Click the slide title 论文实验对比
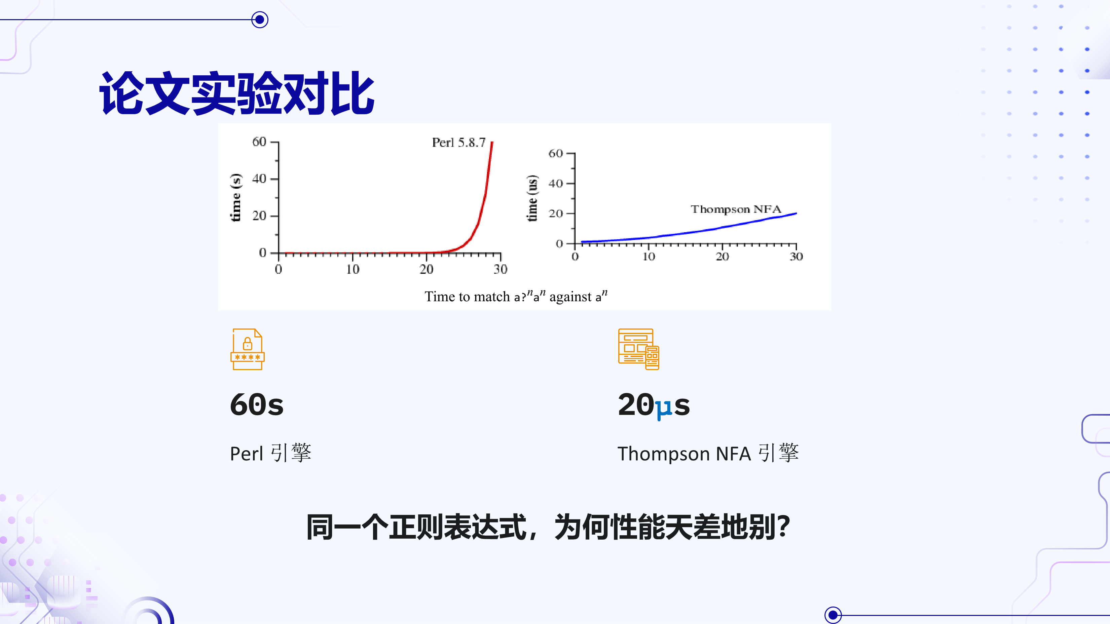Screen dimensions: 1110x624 click(x=237, y=93)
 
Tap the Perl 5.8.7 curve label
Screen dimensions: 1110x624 click(x=459, y=143)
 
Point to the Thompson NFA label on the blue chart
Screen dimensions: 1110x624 click(x=736, y=209)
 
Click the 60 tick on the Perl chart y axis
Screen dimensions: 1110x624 click(x=259, y=142)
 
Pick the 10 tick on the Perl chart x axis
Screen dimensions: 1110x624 click(x=353, y=269)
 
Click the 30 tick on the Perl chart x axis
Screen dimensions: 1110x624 click(x=500, y=269)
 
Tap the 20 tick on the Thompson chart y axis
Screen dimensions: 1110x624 click(x=555, y=213)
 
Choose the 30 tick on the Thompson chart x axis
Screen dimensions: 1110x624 click(x=796, y=257)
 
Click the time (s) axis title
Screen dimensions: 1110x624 click(x=236, y=198)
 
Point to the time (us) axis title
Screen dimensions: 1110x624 click(x=532, y=198)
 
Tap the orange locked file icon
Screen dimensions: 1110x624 click(x=247, y=349)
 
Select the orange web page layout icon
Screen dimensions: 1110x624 click(x=639, y=349)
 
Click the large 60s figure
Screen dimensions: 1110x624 click(x=257, y=405)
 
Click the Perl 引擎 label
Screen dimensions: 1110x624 click(x=271, y=453)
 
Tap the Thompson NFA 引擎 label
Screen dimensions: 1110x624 click(x=708, y=453)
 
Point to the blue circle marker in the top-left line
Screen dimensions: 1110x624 click(x=260, y=19)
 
